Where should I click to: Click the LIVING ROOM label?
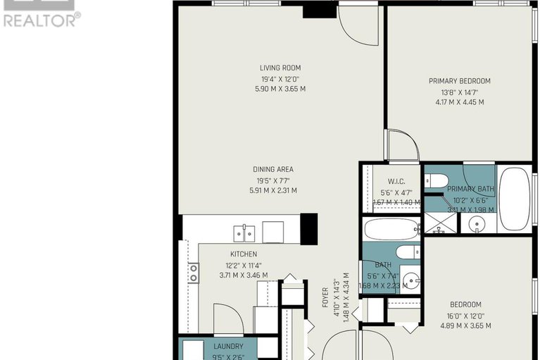281,68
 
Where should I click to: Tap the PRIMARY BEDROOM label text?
459,81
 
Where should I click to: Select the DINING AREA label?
273,170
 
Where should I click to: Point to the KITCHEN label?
243,254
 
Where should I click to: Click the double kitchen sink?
244,232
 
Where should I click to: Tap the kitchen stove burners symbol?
193,273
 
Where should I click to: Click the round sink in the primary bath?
478,225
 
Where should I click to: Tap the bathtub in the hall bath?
391,230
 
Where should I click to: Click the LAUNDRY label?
228,347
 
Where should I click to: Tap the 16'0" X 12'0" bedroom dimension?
465,316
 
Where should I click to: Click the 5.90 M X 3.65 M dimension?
281,89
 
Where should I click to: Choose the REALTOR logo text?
40,20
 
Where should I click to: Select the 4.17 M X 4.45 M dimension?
459,102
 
